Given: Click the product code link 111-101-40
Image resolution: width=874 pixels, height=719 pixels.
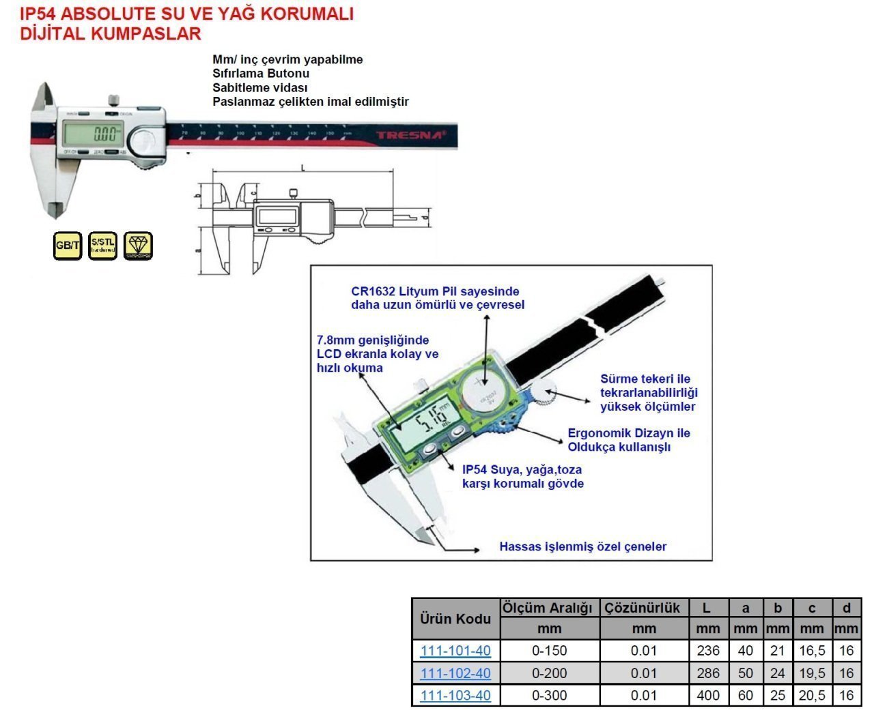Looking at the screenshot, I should (x=455, y=651).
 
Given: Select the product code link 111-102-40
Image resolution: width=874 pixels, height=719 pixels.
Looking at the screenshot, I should (x=455, y=673).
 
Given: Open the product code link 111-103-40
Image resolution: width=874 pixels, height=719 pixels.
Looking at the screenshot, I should (x=455, y=696).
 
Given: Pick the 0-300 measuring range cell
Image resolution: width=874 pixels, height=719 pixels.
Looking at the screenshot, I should (x=550, y=696).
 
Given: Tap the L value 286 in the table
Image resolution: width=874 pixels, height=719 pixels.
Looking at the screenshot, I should (x=708, y=673).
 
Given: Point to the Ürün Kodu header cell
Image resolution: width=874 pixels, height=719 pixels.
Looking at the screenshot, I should (x=455, y=619).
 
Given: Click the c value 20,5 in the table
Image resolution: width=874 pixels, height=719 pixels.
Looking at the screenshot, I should (x=812, y=696).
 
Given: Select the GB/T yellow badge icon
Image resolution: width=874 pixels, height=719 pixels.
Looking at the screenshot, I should (x=68, y=246).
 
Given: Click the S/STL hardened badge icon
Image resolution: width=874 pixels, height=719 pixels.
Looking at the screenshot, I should (x=103, y=245).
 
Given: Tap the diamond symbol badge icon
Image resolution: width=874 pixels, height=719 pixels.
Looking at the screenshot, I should (x=139, y=245).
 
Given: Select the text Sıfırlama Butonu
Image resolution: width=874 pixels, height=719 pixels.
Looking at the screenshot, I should (x=261, y=74).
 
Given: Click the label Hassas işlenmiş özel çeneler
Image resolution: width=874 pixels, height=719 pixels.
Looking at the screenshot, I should (x=582, y=546).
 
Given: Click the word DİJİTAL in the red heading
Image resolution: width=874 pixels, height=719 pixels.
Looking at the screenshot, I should (x=53, y=33).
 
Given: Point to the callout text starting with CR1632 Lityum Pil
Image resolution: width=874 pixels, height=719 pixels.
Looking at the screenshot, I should (x=438, y=298).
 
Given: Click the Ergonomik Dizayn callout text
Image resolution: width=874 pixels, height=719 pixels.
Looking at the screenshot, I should (x=629, y=440).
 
